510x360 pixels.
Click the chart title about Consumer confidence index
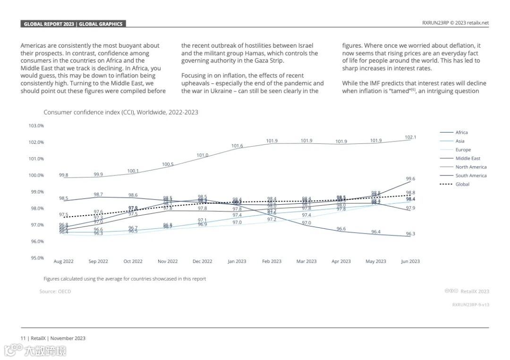[x=121, y=112]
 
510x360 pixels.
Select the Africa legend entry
[x=461, y=133]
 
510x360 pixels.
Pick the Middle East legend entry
[x=467, y=159]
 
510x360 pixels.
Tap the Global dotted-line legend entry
[x=462, y=184]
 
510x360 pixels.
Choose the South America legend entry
[x=470, y=176]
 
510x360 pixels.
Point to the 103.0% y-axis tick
[x=36, y=126]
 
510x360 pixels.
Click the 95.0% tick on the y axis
[x=36, y=258]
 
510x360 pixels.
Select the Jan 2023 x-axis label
[x=237, y=261]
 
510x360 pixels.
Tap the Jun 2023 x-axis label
[x=410, y=261]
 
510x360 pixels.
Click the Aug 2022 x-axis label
[x=64, y=261]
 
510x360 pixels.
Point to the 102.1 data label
[x=410, y=137]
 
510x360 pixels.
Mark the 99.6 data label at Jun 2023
[x=410, y=179]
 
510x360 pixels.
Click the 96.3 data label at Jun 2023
[x=410, y=234]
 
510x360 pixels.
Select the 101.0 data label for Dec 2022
[x=202, y=155]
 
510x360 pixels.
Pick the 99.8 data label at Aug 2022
[x=64, y=175]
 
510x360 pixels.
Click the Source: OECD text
[x=55, y=292]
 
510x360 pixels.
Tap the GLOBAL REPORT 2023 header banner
[x=73, y=24]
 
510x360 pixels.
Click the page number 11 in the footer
[x=23, y=338]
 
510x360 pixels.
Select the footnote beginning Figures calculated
[x=125, y=279]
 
